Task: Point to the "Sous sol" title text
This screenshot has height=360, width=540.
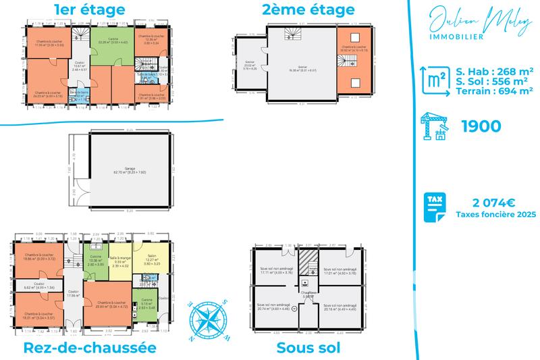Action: (308, 348)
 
